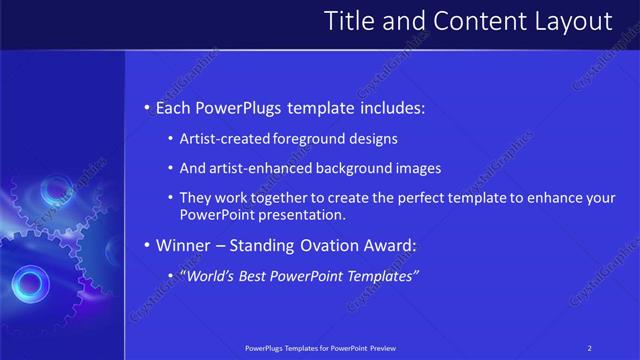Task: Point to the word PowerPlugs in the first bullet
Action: [x=241, y=106]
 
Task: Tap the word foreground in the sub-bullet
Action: [x=304, y=139]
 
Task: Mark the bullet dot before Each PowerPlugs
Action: [x=148, y=107]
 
